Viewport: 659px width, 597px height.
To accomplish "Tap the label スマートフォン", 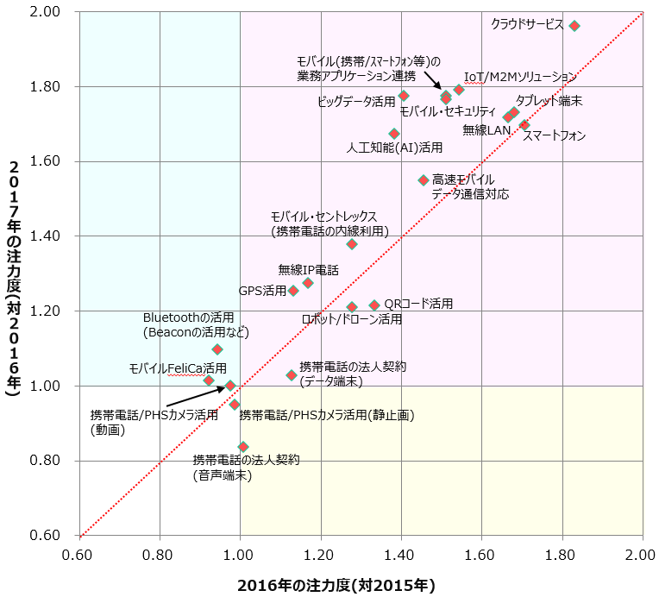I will pyautogui.click(x=554, y=135).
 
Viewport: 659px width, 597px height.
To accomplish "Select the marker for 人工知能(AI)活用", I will pyautogui.click(x=394, y=134).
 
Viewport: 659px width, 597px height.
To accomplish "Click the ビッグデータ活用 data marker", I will pyautogui.click(x=404, y=96).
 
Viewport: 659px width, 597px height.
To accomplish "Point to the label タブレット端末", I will pyautogui.click(x=549, y=101).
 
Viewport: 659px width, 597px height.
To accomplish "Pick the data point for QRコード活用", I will pyautogui.click(x=374, y=305).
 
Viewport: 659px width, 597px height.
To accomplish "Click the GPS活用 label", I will pyautogui.click(x=262, y=292).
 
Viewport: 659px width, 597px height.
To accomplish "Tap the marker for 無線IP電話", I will pyautogui.click(x=308, y=283).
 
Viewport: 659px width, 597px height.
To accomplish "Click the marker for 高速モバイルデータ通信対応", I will pyautogui.click(x=424, y=180).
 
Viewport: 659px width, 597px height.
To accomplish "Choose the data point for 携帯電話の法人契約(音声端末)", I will pyautogui.click(x=243, y=447).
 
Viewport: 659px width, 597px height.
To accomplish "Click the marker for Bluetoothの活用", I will pyautogui.click(x=217, y=349).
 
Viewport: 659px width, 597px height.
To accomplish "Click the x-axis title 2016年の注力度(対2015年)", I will pyautogui.click(x=336, y=585).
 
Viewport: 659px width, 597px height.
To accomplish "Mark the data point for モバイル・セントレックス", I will pyautogui.click(x=352, y=244).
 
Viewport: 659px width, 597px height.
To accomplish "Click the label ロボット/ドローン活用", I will pyautogui.click(x=351, y=319).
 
